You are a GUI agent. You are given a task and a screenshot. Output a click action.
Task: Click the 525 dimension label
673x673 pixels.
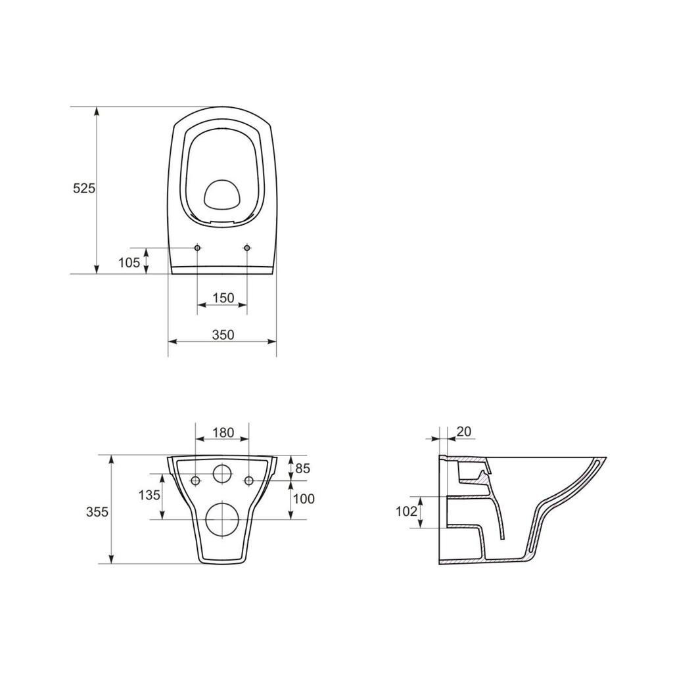click(83, 188)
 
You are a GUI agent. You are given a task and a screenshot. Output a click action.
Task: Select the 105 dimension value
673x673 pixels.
click(129, 262)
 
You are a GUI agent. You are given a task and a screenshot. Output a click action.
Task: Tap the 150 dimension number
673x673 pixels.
click(223, 298)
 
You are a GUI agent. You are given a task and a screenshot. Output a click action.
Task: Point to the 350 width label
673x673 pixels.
click(223, 335)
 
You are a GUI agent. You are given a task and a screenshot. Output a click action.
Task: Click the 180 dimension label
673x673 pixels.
click(223, 432)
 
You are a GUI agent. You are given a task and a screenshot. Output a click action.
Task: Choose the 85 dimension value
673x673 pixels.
click(302, 468)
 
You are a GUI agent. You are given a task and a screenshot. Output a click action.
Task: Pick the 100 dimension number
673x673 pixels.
click(304, 499)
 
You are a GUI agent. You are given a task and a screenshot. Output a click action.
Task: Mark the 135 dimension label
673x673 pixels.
click(149, 495)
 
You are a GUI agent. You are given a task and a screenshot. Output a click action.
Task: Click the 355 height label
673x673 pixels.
click(97, 511)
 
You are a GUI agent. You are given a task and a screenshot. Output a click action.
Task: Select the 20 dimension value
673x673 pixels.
click(464, 431)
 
